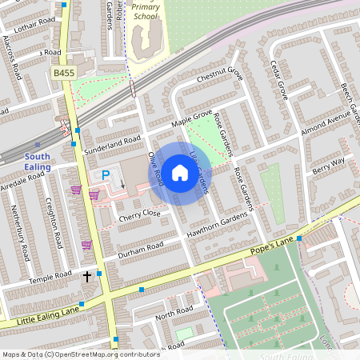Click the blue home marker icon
point(180,173)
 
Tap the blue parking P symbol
point(104,176)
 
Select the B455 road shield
point(64,74)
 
